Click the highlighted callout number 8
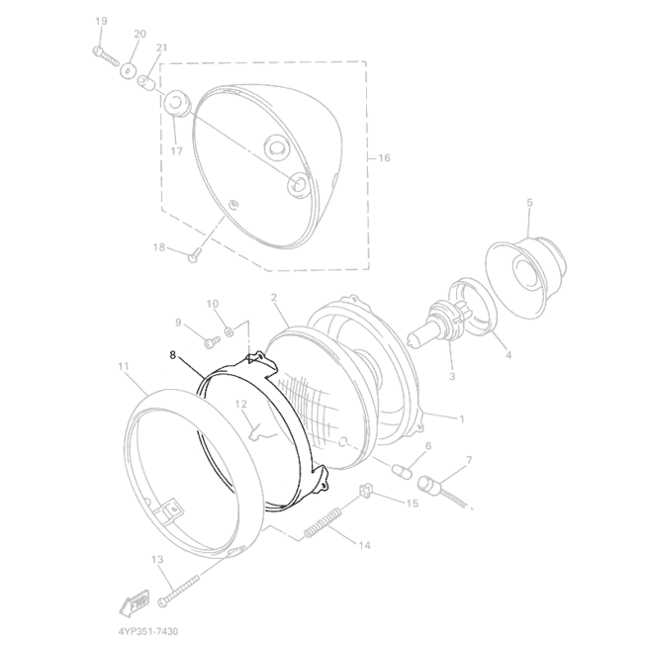tap(173, 355)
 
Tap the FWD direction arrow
tap(135, 603)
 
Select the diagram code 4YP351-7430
tap(148, 631)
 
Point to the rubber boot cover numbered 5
tap(525, 276)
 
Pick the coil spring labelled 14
tap(324, 523)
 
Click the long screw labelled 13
tap(178, 591)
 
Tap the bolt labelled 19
tap(105, 56)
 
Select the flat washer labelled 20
tap(129, 70)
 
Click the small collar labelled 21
tap(146, 83)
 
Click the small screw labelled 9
tap(213, 341)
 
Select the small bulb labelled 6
tap(402, 471)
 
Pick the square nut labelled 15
tap(365, 491)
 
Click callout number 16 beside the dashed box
tap(384, 157)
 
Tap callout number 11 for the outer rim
tap(124, 366)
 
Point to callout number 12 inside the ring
tap(240, 404)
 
